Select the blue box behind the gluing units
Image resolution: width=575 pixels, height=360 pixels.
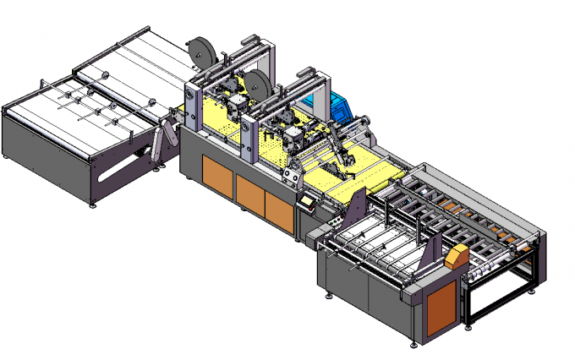click(x=341, y=108)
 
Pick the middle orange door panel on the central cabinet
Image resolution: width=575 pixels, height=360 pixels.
click(x=250, y=193)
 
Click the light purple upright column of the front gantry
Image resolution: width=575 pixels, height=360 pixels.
click(x=249, y=140)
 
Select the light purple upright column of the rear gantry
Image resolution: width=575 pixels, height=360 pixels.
click(x=193, y=106)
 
